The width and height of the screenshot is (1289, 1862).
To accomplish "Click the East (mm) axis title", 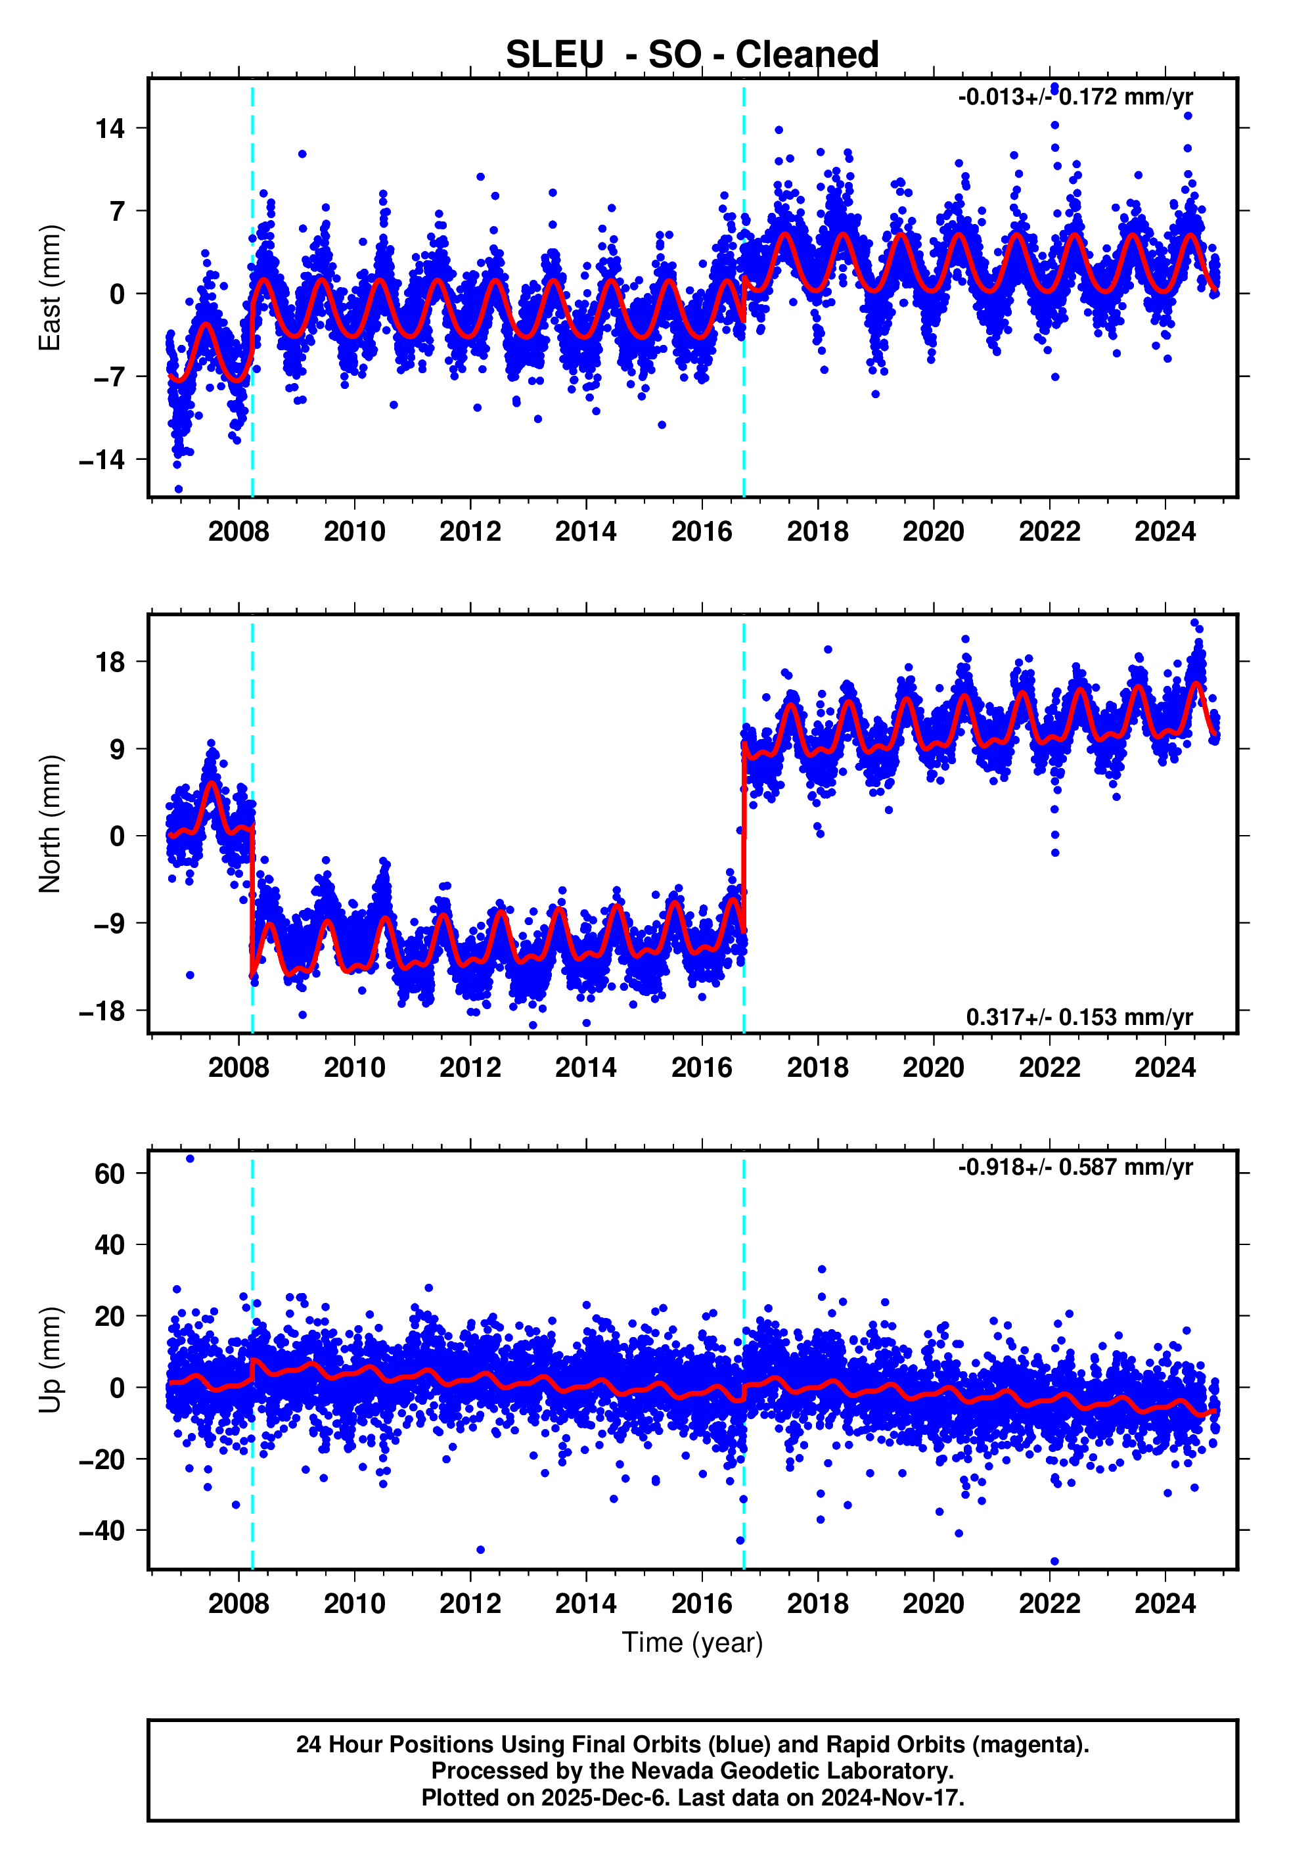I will pos(50,288).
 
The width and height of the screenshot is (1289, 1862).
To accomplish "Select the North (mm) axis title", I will pos(50,824).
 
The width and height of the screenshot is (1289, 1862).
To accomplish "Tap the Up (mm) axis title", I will pos(50,1360).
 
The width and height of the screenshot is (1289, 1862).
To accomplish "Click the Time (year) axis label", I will pos(692,1643).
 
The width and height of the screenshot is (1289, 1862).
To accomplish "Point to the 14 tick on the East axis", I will pos(110,128).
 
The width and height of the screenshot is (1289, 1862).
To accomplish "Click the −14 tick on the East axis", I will pos(102,461).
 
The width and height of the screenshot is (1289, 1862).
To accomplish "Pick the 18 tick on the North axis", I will pos(110,662).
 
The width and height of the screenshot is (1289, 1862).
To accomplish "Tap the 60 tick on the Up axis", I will pos(110,1174).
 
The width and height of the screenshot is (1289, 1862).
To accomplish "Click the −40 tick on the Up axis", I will pos(102,1531).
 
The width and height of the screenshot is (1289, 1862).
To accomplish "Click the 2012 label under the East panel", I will pos(470,532).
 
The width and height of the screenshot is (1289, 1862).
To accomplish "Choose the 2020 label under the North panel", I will pos(933,1068).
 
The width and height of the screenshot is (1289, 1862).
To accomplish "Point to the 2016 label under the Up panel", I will pos(702,1604).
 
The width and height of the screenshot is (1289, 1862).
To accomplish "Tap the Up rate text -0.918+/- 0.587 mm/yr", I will pos(1075,1168).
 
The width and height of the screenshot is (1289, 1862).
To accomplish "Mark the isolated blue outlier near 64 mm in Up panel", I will pos(190,1159).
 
